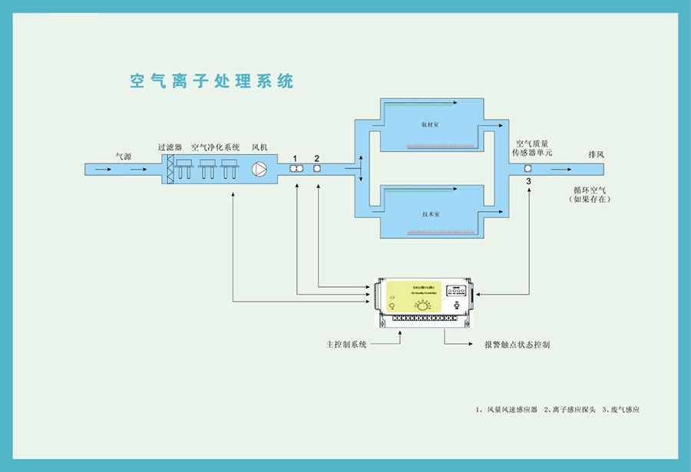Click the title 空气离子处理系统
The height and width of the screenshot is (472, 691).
[211, 81]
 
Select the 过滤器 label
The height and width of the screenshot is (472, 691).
[170, 147]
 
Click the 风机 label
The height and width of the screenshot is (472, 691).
[260, 147]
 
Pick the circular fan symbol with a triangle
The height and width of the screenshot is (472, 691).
[261, 169]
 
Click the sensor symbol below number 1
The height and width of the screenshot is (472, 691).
[295, 169]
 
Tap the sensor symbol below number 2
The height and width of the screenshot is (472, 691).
[316, 169]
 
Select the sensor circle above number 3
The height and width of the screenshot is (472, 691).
[528, 169]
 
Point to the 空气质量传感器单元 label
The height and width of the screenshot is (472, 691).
[533, 148]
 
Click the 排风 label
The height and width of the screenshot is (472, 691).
[597, 154]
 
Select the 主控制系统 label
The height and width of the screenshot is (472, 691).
[347, 345]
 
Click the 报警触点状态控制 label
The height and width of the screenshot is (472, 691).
[517, 345]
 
